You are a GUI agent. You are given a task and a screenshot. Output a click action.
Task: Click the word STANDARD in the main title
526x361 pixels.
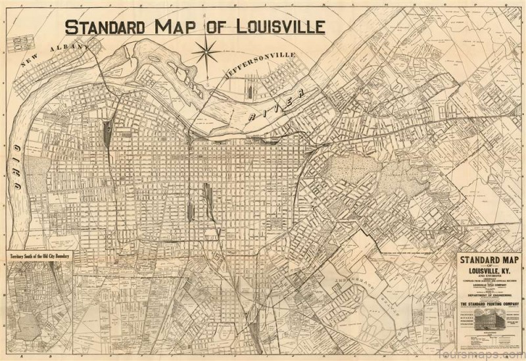106,27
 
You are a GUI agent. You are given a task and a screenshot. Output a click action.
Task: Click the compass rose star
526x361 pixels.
206,49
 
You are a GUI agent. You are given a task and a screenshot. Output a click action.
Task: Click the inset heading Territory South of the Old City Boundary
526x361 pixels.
39,255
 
